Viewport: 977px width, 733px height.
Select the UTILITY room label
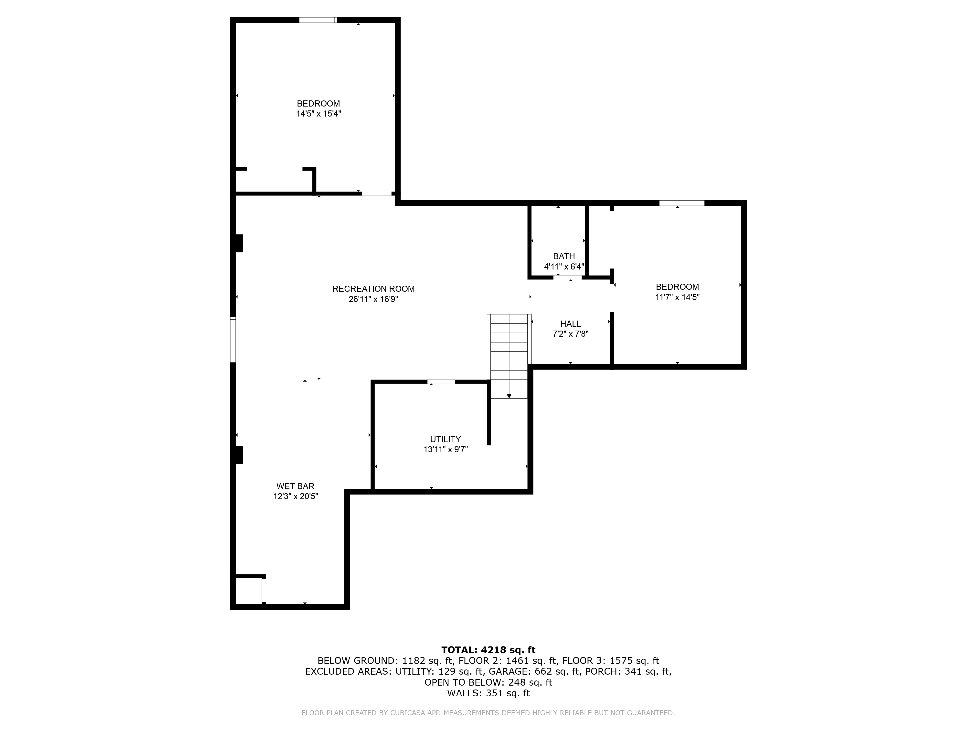click(x=445, y=439)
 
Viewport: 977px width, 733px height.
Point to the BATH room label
click(x=564, y=256)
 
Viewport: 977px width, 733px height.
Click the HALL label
click(x=571, y=324)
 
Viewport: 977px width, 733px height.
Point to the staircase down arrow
click(x=509, y=396)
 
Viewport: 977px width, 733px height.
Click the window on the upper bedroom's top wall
click(x=318, y=20)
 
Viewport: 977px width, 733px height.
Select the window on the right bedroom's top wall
click(x=681, y=203)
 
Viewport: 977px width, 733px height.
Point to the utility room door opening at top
click(x=441, y=382)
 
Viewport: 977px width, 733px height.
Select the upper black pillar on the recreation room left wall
click(x=239, y=243)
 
